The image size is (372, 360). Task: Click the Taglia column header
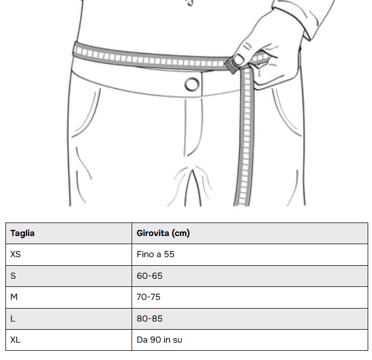coord(69,233)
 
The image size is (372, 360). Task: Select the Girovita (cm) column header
coord(250,233)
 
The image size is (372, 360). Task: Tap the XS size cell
coord(69,254)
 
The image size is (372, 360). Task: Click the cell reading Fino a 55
coord(250,254)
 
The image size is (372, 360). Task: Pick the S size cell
coord(69,276)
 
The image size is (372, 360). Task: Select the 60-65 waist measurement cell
coord(250,276)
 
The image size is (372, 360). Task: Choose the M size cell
coord(69,297)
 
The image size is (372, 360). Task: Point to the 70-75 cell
coord(250,297)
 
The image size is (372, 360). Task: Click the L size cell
coord(69,319)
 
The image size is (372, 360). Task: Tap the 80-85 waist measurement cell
coord(250,319)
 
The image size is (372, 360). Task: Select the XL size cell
coord(69,340)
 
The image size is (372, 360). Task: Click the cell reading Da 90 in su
coord(250,340)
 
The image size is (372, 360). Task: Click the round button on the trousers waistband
coord(192,84)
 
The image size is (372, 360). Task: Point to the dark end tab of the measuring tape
coord(230,66)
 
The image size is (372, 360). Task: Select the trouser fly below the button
coord(194,127)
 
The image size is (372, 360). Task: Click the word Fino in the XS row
coord(145,254)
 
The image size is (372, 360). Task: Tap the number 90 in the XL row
coord(155,340)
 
